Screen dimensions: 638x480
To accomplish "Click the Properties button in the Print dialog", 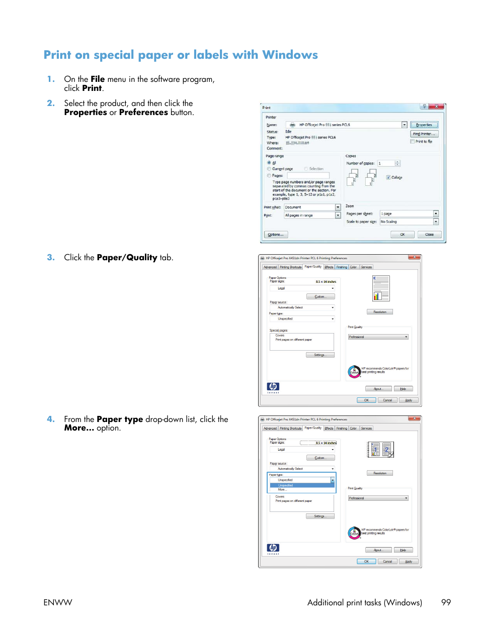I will click(424, 125).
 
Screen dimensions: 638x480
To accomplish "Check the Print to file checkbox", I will click(413, 142).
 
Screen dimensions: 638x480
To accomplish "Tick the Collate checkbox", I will click(388, 177).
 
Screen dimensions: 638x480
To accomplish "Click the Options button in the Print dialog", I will click(276, 235).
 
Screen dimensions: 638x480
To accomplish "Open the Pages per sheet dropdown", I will click(409, 214).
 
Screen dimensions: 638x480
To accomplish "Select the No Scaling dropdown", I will click(409, 222).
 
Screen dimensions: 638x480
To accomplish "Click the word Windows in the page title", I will click(290, 55).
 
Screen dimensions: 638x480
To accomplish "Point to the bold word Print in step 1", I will click(92, 88).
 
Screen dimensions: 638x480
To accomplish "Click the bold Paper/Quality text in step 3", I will click(127, 257).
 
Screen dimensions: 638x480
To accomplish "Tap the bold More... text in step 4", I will click(79, 428).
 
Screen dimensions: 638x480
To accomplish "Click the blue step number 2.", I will click(50, 103).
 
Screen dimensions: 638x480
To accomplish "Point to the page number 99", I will click(446, 602).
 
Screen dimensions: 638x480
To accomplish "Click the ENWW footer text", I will click(58, 602).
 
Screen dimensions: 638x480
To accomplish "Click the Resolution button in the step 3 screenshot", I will click(380, 312).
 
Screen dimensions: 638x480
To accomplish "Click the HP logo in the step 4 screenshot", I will click(273, 548).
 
